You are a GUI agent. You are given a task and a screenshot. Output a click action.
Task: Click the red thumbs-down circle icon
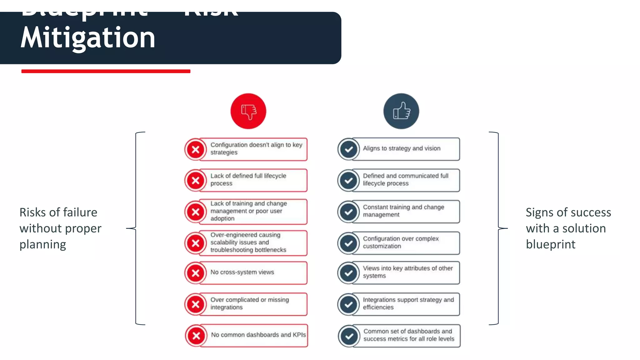tap(248, 111)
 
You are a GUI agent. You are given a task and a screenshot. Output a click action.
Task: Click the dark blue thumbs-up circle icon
tap(401, 111)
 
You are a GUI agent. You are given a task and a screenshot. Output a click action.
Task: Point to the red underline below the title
tap(106, 71)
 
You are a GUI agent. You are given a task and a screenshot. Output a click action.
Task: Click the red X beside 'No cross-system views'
tap(196, 273)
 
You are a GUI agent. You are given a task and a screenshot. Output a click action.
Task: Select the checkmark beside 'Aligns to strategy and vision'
tap(348, 149)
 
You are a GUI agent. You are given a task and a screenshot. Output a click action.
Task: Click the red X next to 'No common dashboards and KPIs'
tap(196, 336)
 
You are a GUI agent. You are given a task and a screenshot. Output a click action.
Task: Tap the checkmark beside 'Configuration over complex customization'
tap(348, 243)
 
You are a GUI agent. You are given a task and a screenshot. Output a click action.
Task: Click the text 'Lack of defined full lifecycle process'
tap(248, 180)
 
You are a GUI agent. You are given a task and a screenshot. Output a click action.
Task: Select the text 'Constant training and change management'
tap(403, 211)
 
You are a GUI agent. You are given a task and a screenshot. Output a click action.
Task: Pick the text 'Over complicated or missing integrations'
tap(249, 303)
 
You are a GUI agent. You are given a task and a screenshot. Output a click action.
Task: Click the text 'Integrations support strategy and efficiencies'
tap(408, 303)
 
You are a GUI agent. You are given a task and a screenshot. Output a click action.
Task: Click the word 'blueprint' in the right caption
tap(550, 244)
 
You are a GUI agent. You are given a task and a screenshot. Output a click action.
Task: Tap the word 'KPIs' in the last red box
tap(299, 335)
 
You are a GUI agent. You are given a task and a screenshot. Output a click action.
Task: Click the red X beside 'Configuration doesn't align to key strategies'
tap(196, 149)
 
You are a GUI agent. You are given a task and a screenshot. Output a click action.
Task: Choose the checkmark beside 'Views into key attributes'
tap(348, 273)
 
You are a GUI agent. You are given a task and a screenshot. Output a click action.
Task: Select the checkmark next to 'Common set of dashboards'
tap(349, 336)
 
